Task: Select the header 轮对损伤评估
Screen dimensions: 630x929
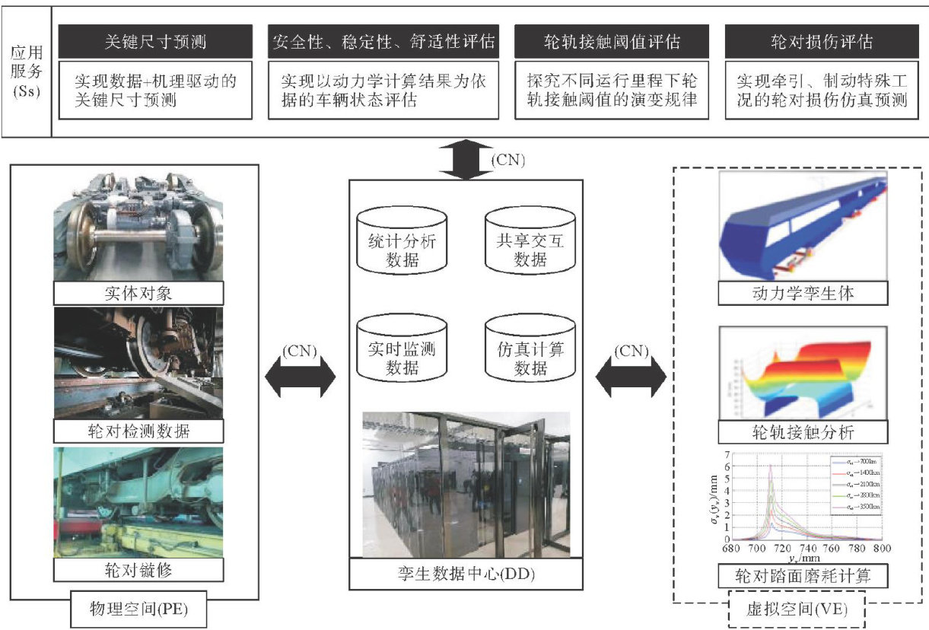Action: coord(818,41)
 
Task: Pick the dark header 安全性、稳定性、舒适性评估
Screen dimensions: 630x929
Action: coord(383,41)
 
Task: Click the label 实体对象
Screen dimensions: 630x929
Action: coord(138,293)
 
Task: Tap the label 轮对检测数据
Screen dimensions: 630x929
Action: coord(138,431)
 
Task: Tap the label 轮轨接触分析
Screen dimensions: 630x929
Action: coord(803,432)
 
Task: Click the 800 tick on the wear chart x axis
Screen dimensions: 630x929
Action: coord(882,547)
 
